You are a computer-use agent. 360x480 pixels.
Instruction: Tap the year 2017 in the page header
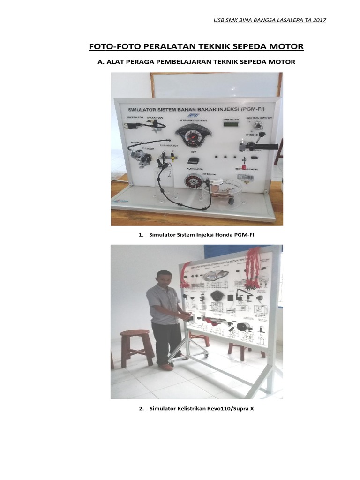[x=318, y=20]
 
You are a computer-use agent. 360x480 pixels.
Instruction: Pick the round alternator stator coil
[x=191, y=182]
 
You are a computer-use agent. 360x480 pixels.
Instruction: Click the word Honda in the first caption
[x=212, y=234]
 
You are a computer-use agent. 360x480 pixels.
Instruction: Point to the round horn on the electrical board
[x=243, y=328]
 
